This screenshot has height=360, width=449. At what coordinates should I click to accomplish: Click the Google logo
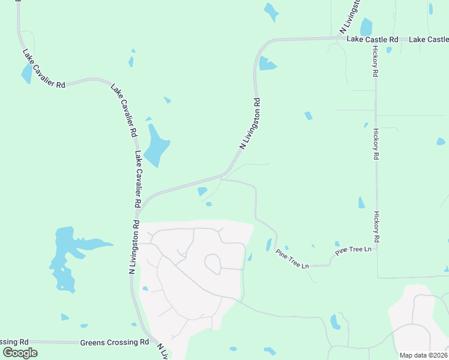click(20, 352)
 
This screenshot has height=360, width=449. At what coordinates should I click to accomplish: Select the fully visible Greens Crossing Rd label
click(114, 343)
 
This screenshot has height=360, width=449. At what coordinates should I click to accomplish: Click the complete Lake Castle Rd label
click(373, 40)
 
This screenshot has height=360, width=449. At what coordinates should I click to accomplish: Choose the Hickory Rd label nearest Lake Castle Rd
click(375, 62)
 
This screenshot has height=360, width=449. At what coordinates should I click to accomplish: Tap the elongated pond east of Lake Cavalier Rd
click(155, 145)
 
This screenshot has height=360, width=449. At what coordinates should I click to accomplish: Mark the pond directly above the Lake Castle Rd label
click(366, 26)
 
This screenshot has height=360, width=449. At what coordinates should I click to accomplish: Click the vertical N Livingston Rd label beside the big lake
click(134, 247)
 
